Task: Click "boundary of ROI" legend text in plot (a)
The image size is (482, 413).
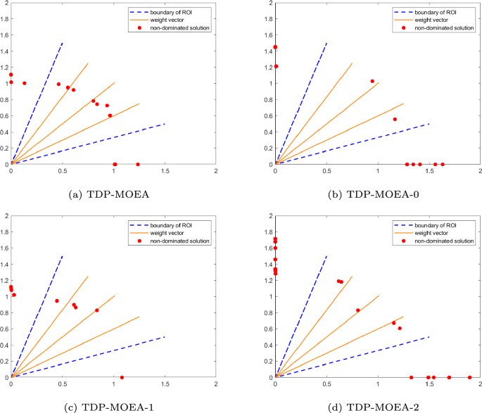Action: (170, 12)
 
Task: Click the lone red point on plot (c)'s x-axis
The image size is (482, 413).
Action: (122, 378)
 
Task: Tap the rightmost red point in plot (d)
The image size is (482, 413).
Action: (470, 378)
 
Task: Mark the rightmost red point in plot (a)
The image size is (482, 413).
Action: (138, 164)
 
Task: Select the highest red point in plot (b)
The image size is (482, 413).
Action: (275, 47)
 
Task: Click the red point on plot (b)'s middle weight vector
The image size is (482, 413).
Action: (372, 81)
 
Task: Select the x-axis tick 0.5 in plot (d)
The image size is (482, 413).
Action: (326, 384)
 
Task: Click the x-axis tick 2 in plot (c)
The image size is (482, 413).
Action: (216, 384)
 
